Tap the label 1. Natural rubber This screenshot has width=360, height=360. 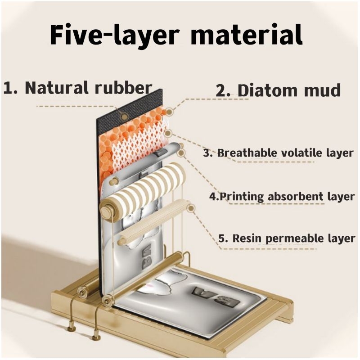pos(77,88)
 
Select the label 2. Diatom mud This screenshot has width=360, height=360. pos(278,90)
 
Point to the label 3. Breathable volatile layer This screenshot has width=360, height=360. pos(279,153)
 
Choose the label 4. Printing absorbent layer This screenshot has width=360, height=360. pos(282,197)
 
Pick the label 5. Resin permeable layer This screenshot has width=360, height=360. pos(287,238)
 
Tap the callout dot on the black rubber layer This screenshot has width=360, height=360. pos(124,117)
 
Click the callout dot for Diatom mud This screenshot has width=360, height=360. pos(169,112)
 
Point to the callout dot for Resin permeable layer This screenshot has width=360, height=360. pos(191,208)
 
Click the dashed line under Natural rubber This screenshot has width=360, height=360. pos(76,107)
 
